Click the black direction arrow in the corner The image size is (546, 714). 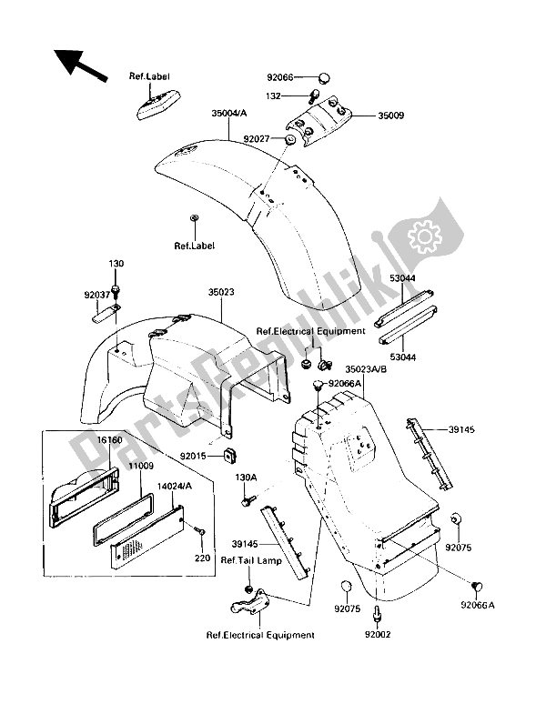(x=79, y=65)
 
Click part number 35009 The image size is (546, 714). (x=390, y=116)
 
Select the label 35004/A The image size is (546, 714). (x=228, y=113)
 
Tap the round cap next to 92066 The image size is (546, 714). (x=324, y=78)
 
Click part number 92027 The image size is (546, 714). (x=257, y=138)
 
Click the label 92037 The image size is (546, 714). (x=97, y=295)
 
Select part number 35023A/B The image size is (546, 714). (x=366, y=369)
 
